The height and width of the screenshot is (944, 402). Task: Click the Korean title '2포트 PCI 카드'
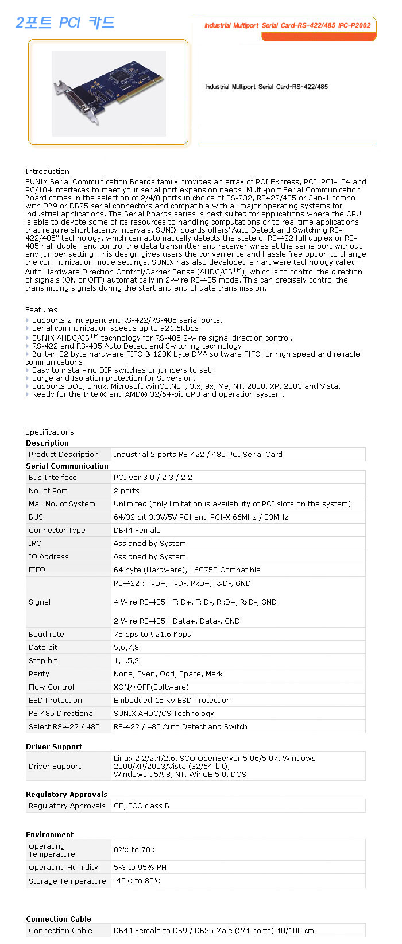[65, 22]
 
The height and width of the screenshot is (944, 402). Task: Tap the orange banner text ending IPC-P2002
[287, 25]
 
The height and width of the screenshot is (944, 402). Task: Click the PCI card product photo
[109, 93]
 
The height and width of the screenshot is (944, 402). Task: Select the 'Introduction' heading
[47, 171]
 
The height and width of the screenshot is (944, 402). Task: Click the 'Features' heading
[41, 309]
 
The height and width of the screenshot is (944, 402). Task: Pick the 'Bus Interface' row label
[52, 477]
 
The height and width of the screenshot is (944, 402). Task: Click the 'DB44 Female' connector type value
[137, 530]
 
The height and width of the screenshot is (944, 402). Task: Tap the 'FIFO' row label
[37, 570]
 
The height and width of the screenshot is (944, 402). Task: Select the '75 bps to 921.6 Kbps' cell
[152, 634]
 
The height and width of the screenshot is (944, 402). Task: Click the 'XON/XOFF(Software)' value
[151, 687]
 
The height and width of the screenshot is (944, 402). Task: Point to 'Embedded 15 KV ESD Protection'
[172, 700]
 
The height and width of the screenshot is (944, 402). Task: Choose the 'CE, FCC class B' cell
[141, 806]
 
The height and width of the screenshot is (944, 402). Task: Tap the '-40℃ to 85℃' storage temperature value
[137, 881]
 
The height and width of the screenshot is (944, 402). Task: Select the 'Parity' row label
[39, 674]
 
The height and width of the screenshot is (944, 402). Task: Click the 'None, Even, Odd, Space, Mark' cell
[168, 674]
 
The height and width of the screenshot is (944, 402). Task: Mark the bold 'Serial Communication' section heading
[67, 466]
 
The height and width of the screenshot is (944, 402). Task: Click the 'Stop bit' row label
[43, 660]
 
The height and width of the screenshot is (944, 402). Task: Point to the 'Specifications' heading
[49, 432]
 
